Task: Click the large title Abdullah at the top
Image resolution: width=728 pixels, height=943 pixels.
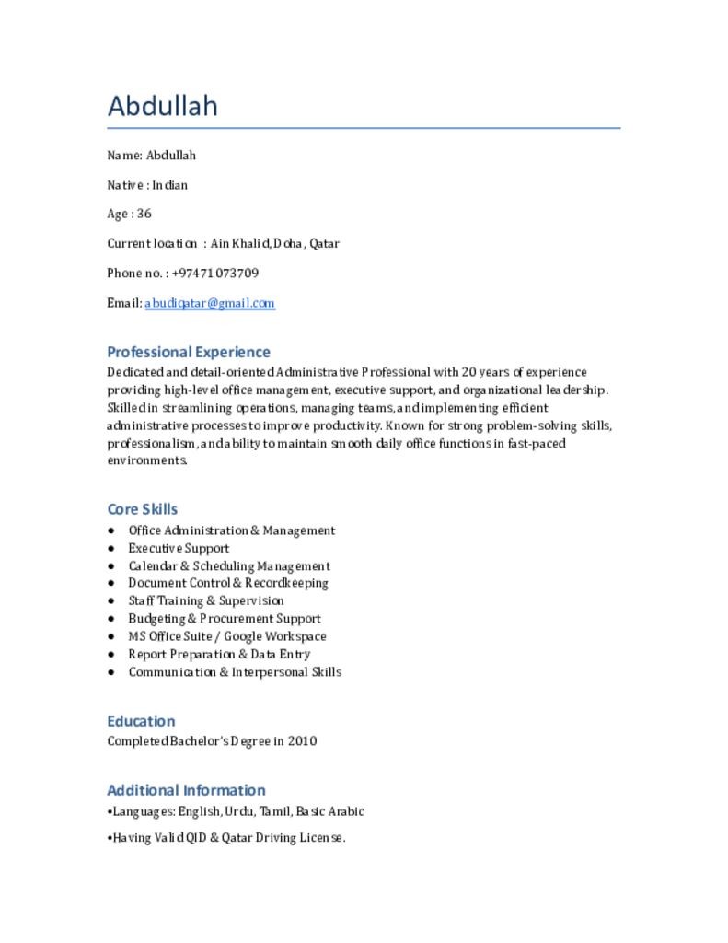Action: click(163, 106)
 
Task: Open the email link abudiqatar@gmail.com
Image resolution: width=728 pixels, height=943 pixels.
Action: click(210, 303)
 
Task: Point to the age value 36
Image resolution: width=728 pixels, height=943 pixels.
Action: click(144, 215)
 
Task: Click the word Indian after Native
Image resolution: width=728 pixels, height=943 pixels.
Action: click(170, 185)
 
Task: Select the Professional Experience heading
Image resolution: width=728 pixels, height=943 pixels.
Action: click(189, 352)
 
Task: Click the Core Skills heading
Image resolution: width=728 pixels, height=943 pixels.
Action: click(143, 509)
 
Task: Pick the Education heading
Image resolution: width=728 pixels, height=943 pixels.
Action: click(141, 721)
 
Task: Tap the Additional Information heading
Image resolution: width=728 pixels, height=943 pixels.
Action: click(186, 790)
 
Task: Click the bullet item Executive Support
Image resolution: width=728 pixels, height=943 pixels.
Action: click(179, 548)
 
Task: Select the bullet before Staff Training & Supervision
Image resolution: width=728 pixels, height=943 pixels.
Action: click(111, 601)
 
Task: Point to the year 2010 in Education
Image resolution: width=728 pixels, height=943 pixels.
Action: click(302, 740)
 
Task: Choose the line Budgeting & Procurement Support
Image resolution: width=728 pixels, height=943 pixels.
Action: click(225, 619)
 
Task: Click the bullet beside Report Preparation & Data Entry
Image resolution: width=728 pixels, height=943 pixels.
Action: click(111, 655)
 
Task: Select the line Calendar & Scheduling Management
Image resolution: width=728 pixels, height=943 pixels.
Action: click(229, 566)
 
